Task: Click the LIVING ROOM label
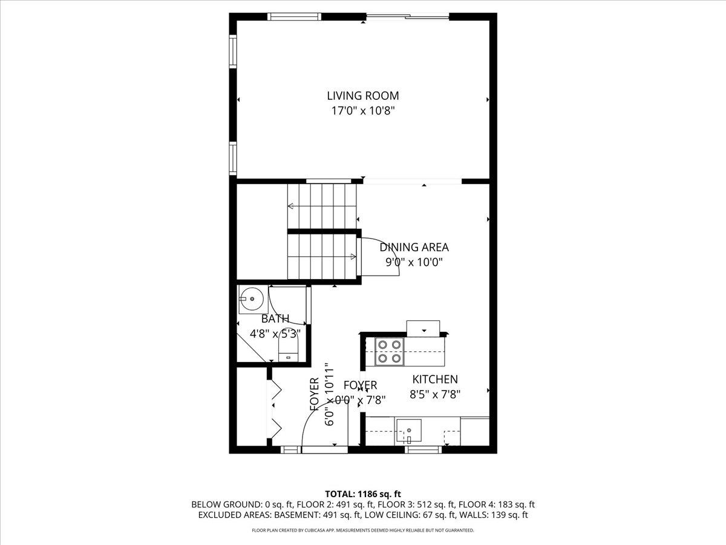[x=363, y=96]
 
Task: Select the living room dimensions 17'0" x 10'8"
[x=363, y=111]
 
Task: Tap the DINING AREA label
[x=414, y=247]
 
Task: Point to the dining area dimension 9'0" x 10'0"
[x=414, y=262]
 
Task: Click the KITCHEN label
[x=435, y=380]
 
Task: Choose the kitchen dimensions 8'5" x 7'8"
[x=435, y=394]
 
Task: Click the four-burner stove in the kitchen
[x=389, y=351]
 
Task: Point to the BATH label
[x=275, y=319]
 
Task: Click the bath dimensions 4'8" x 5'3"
[x=275, y=333]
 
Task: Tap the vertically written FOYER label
[x=315, y=395]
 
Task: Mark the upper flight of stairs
[x=321, y=206]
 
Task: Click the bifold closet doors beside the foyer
[x=274, y=409]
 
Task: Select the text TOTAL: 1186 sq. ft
[x=363, y=494]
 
